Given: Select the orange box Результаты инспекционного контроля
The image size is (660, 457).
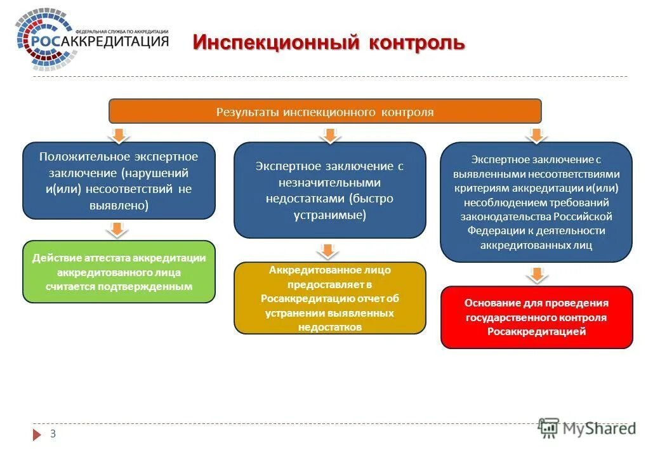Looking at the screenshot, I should pos(325,112).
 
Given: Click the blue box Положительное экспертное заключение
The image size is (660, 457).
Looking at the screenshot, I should pos(119,180).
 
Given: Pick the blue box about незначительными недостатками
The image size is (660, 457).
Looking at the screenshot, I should pos(330,190).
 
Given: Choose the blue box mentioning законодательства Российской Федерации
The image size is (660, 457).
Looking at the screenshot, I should pos(536,202).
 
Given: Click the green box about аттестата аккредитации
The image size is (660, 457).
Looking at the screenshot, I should pos(119,272).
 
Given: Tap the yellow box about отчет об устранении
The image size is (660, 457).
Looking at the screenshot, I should pos(330,298).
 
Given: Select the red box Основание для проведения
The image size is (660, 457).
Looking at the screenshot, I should pos(536,317).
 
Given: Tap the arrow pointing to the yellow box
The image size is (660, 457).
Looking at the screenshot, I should pos(327,251).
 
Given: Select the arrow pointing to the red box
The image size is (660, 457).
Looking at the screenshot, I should pos(536,274).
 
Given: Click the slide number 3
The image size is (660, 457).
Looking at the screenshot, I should pos(53,434).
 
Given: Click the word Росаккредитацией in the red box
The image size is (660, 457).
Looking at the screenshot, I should pos(536,331).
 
